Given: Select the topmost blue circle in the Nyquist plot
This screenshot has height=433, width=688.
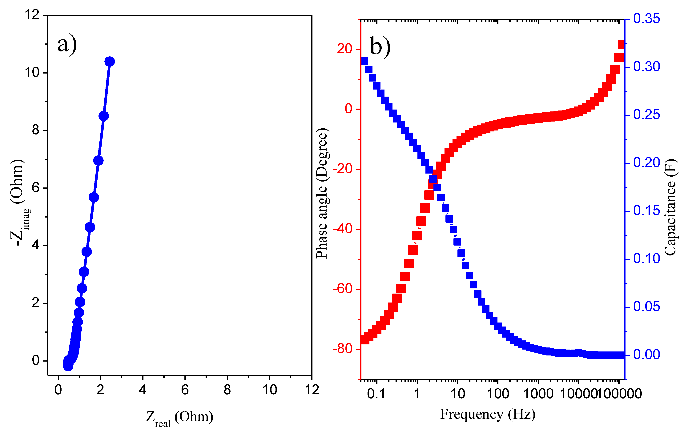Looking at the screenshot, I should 109,61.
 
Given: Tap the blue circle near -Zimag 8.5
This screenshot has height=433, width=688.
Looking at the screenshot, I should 103,116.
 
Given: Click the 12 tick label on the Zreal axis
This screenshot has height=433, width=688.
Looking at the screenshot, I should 312,390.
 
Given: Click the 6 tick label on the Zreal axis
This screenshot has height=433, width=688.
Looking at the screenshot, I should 185,390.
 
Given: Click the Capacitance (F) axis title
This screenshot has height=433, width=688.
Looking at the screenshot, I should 670,207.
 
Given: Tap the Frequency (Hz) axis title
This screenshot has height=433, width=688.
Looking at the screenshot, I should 487,414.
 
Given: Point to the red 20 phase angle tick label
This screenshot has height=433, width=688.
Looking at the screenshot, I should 344,49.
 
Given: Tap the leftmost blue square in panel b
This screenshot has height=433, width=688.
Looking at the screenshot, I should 364,61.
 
